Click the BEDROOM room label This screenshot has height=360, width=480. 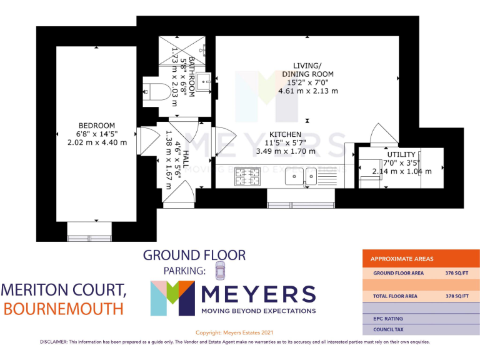pyautogui.click(x=96, y=126)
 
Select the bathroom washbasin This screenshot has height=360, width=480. pyautogui.click(x=204, y=82)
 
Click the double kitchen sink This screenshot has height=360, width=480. pyautogui.click(x=301, y=178)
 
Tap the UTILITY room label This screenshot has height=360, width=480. pyautogui.click(x=400, y=154)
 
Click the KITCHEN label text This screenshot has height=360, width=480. pyautogui.click(x=285, y=134)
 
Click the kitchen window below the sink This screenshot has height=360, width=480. pyautogui.click(x=301, y=204)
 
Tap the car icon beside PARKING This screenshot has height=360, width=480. pyautogui.click(x=219, y=271)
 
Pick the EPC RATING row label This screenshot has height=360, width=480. pyautogui.click(x=387, y=318)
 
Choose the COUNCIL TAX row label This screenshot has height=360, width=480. pyautogui.click(x=388, y=329)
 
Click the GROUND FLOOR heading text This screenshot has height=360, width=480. pyautogui.click(x=194, y=255)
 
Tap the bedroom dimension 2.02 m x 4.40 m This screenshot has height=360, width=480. pyautogui.click(x=96, y=142)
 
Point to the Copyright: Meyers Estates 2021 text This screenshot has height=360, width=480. pyautogui.click(x=234, y=333)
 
